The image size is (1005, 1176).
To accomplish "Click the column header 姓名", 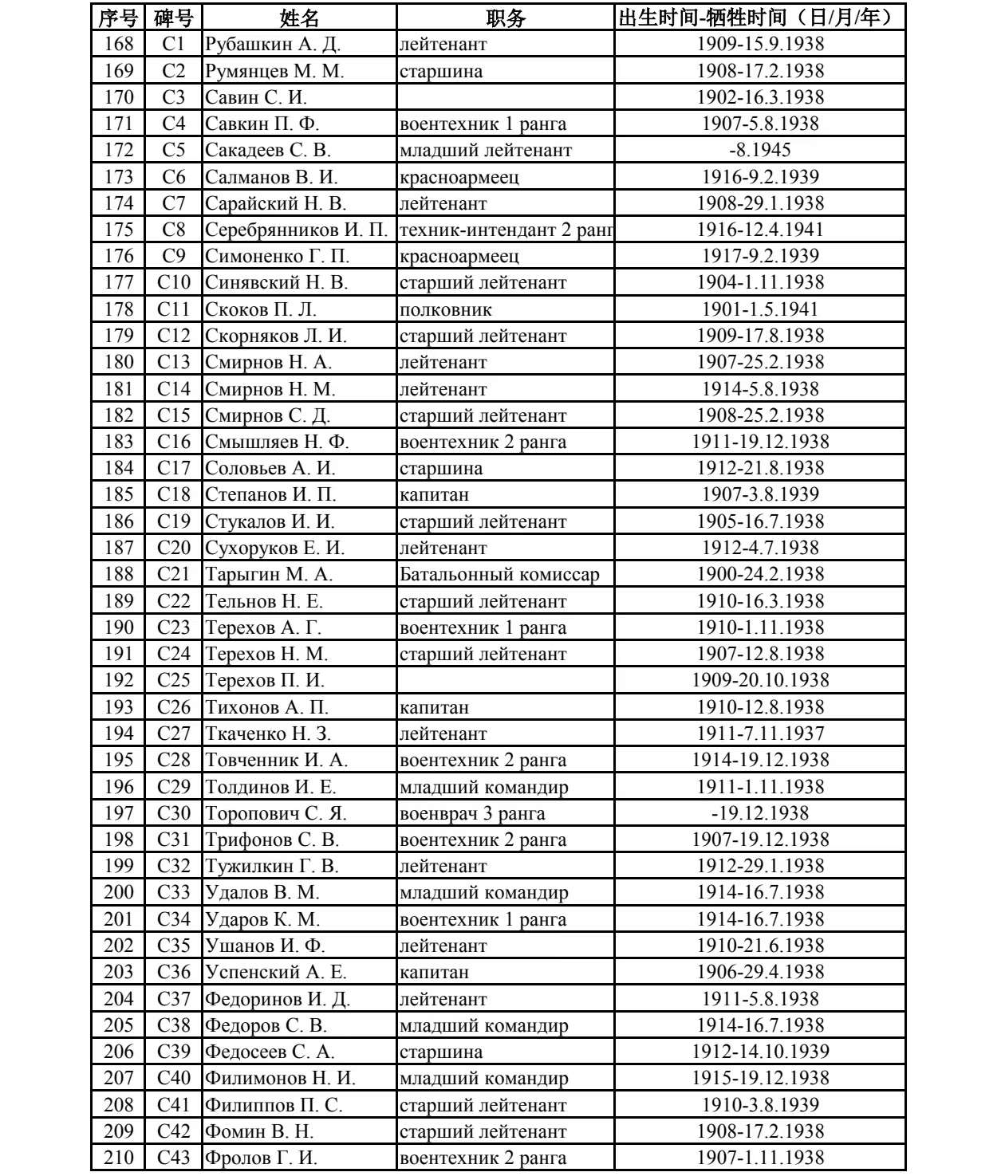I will [299, 18].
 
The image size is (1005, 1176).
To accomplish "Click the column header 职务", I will [505, 18].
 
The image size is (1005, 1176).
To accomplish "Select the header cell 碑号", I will [173, 18].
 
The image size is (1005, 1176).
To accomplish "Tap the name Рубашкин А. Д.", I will [273, 45].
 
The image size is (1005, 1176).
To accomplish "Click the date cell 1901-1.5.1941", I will [759, 309].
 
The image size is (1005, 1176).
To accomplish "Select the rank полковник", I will [446, 309].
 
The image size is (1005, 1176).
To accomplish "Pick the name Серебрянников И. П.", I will [296, 230].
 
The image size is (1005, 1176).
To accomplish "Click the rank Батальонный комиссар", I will [499, 574].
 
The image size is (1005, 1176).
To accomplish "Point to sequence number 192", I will [119, 680].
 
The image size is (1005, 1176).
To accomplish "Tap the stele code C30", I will [174, 813].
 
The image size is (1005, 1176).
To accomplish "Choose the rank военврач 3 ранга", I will [472, 813].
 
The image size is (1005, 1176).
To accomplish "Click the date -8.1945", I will [759, 150].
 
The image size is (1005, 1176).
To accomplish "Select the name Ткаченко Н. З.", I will [268, 734].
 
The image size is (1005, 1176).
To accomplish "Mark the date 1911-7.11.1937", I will [759, 734].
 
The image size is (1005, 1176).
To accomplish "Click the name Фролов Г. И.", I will [262, 1158].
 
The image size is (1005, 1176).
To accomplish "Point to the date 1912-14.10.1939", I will [759, 1052].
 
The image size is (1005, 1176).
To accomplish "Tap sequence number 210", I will [119, 1158].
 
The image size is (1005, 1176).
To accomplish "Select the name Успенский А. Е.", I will [276, 972].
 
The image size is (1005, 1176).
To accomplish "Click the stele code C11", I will [174, 309].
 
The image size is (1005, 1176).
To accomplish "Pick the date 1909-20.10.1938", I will [759, 680].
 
